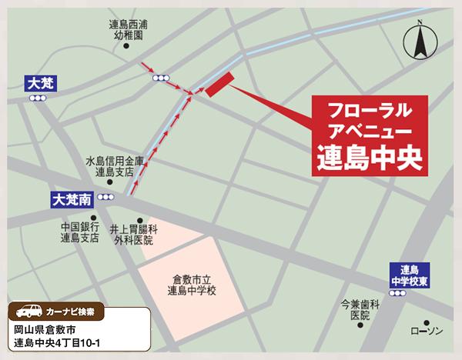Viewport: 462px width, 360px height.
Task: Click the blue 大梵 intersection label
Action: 38,82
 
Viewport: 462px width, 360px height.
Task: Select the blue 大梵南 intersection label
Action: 73,198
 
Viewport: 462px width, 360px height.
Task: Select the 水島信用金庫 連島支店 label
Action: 115,167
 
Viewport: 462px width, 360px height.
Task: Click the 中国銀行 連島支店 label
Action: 80,232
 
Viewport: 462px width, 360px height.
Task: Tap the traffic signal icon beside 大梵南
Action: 105,198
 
